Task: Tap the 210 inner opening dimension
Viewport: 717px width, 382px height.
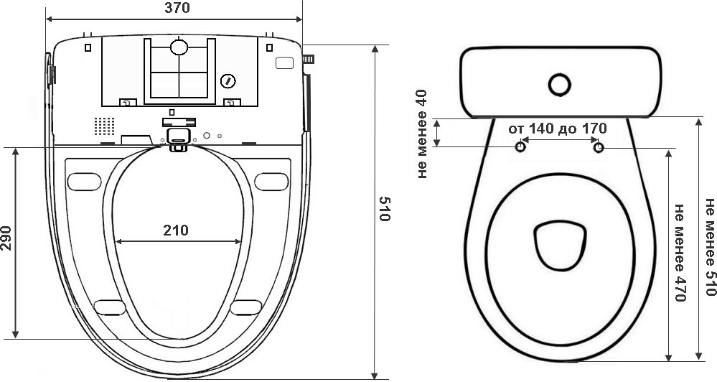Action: [x=176, y=230]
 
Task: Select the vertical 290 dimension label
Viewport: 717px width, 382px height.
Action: [x=6, y=238]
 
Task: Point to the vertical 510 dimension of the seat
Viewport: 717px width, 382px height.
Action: [x=385, y=209]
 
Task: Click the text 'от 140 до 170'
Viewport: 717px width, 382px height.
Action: [x=558, y=129]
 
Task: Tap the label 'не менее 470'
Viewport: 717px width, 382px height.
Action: [x=680, y=253]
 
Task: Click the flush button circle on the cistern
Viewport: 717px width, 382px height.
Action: [x=559, y=85]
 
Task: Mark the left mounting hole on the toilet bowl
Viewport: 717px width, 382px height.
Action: [x=520, y=147]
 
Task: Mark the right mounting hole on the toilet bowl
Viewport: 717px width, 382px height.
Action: [x=599, y=147]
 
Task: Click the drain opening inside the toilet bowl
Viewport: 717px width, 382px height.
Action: [x=560, y=245]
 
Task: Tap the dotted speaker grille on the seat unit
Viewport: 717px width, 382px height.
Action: [x=104, y=126]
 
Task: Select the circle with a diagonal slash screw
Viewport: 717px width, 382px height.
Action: [x=228, y=81]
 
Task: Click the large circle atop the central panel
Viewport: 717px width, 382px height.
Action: [x=179, y=47]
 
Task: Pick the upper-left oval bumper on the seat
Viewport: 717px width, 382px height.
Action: [x=84, y=182]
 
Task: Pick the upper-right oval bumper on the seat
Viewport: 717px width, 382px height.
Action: [x=271, y=182]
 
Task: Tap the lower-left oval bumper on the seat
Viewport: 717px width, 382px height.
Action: [x=110, y=307]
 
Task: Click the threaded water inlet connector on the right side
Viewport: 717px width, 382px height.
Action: [x=308, y=59]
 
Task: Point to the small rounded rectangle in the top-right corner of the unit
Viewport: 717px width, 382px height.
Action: [x=284, y=62]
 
